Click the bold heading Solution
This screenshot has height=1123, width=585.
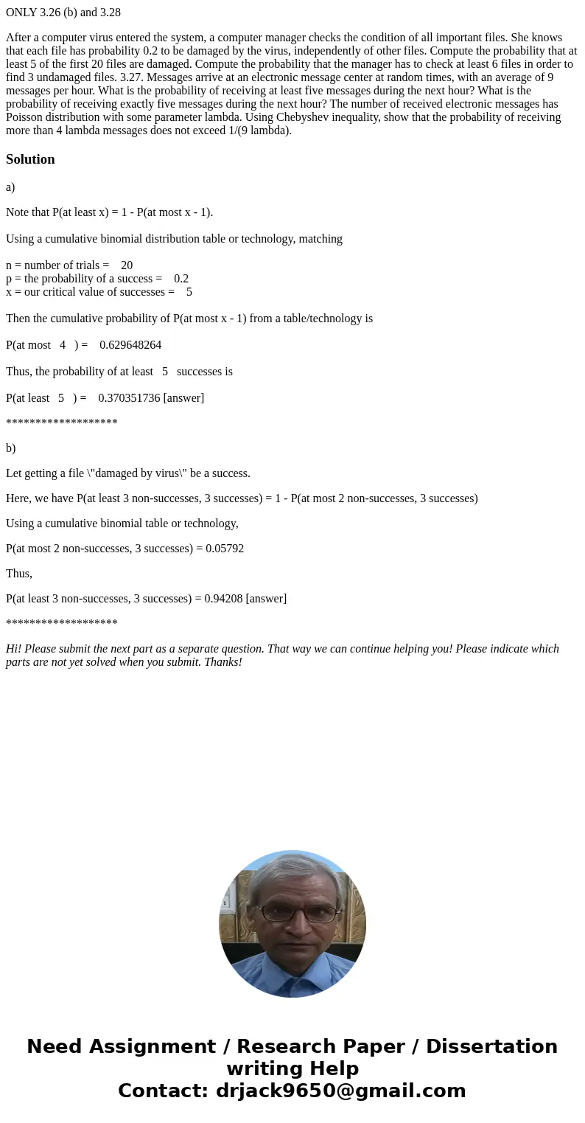coord(30,159)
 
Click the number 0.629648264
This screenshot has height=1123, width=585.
coord(130,345)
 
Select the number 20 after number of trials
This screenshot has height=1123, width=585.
coord(127,265)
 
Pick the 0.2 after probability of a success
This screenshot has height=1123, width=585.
coord(181,279)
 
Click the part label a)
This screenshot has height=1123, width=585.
coord(10,187)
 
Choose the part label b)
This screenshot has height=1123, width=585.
coord(10,448)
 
